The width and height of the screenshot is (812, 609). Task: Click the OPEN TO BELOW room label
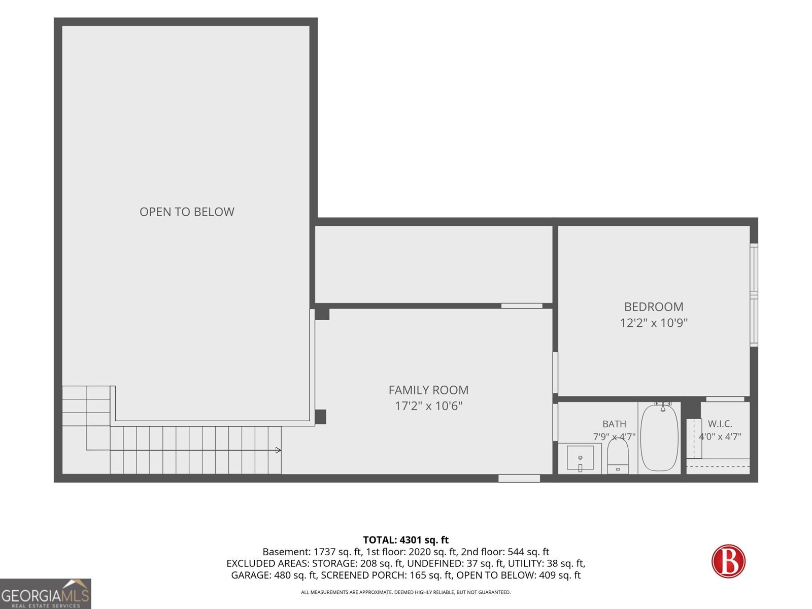[x=187, y=212]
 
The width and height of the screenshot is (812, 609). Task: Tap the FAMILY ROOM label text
[x=428, y=390]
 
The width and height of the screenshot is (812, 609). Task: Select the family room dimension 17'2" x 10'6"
[x=428, y=406]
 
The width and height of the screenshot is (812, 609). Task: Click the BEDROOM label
[x=654, y=307]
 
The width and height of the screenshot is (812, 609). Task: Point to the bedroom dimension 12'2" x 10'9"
[x=654, y=323]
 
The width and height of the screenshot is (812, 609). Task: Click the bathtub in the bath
[x=659, y=437]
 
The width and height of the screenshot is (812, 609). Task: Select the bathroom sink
[x=580, y=458]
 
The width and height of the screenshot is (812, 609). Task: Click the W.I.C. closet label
[x=720, y=424]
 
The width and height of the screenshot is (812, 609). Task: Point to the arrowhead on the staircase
[x=279, y=450]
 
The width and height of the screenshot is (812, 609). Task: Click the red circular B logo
[x=728, y=561]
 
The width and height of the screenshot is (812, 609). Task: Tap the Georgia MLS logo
[x=45, y=593]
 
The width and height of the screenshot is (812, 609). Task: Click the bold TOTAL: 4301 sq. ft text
[x=406, y=540]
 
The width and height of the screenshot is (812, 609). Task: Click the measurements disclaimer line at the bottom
[x=406, y=592]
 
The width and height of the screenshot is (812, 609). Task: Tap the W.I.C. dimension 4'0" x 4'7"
[x=720, y=436]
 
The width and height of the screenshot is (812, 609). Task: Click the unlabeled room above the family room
[x=433, y=264]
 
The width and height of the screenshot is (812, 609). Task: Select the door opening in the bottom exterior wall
[x=519, y=479]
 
